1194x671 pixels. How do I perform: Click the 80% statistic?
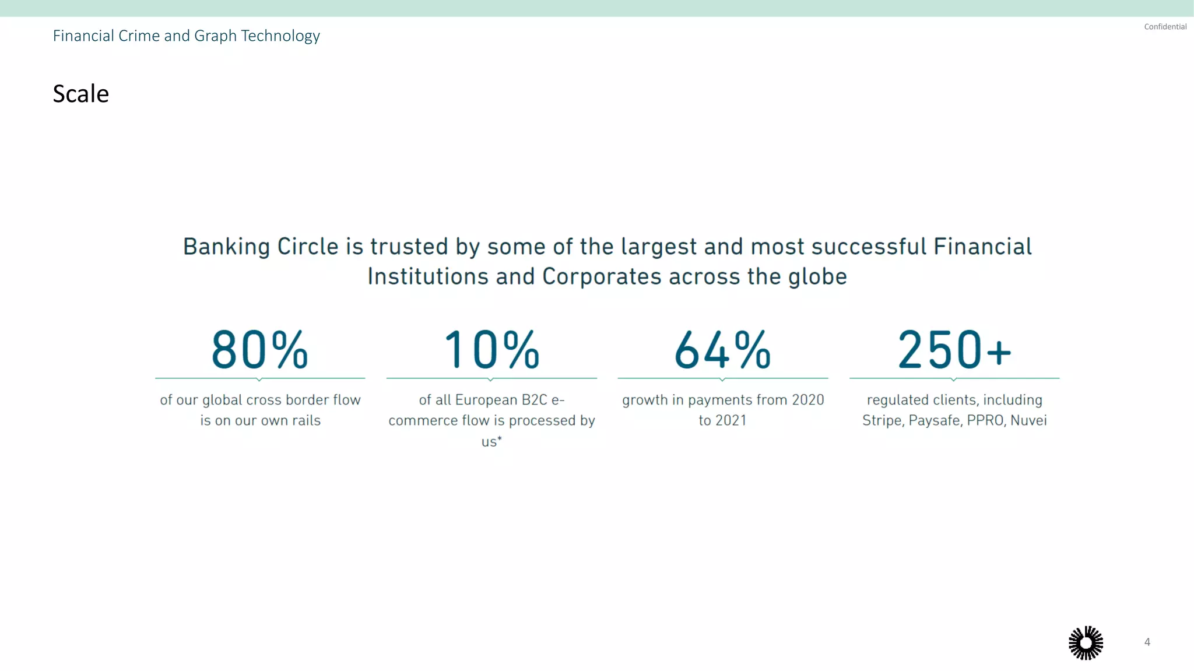tap(259, 350)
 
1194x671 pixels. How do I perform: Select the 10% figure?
tap(491, 350)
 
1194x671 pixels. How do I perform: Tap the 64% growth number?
tap(722, 350)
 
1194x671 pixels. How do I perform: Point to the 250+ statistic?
tap(954, 350)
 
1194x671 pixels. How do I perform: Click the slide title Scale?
tap(80, 94)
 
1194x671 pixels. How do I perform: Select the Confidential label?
tap(1165, 27)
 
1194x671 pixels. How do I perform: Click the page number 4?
tap(1147, 642)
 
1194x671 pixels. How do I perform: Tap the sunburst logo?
tap(1086, 643)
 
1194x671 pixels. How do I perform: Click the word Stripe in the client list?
tap(882, 420)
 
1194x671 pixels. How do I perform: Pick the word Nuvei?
tap(1028, 420)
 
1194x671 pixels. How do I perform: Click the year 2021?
tap(731, 420)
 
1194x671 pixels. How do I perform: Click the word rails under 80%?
tap(306, 420)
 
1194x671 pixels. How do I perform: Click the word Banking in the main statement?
tap(226, 247)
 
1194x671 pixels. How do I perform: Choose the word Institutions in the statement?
tap(428, 277)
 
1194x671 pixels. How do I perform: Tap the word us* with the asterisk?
tap(491, 441)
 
